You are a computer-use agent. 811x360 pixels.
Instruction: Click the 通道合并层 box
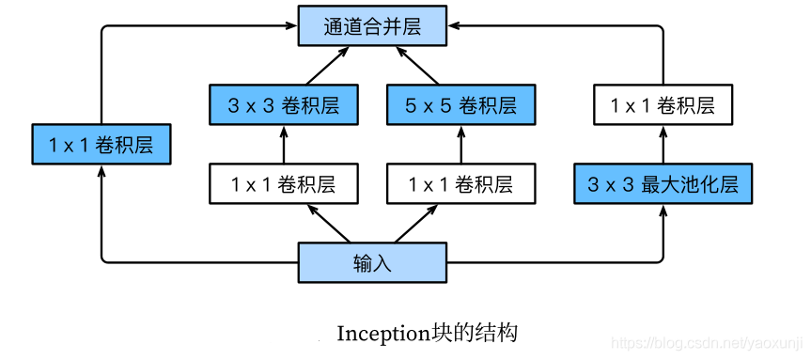tap(372, 25)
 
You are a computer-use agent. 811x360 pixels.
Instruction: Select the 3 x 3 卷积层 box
tap(283, 105)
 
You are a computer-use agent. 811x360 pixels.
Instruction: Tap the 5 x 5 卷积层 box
tap(460, 105)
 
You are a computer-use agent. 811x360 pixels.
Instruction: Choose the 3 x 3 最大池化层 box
tap(663, 184)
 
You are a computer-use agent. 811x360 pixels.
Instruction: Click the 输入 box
tap(372, 262)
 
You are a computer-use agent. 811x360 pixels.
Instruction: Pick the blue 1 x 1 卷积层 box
tap(101, 145)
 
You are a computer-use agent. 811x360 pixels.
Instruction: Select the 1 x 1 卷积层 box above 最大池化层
tap(663, 105)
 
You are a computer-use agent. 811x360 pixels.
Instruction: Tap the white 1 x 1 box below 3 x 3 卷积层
tap(283, 184)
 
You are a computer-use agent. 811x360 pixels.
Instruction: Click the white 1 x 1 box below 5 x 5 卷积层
tap(460, 184)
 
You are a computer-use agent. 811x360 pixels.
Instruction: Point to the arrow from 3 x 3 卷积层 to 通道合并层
tap(320, 65)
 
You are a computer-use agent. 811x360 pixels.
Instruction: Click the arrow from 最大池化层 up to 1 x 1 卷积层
tap(663, 146)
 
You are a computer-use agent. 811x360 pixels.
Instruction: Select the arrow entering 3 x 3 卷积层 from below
tap(283, 145)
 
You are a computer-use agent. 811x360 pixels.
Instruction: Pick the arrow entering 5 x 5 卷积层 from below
tap(460, 145)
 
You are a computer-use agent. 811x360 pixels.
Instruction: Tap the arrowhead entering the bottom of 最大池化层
tap(663, 210)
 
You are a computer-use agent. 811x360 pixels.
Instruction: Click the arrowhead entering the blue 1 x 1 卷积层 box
tap(101, 171)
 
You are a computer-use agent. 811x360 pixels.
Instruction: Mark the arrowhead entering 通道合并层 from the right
tap(453, 25)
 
